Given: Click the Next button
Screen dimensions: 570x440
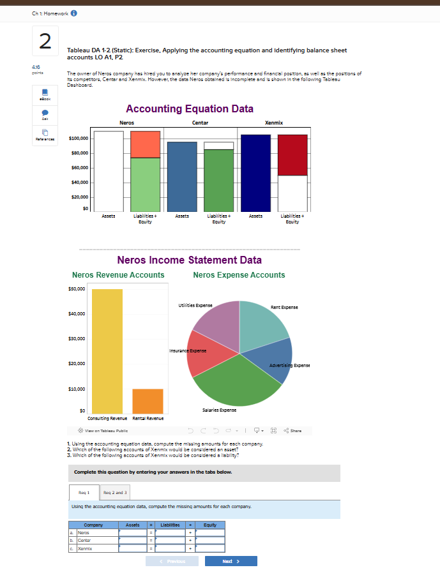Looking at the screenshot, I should (231, 561).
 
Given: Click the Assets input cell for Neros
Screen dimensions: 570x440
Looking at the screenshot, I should (133, 532).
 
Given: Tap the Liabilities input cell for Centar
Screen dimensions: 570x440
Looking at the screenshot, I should (171, 540).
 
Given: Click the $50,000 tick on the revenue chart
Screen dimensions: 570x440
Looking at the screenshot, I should (76, 289).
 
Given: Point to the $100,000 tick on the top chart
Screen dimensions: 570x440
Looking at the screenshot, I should (82, 138).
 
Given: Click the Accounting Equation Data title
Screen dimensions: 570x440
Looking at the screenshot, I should (190, 109).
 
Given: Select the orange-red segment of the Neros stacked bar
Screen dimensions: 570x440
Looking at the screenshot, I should (146, 144).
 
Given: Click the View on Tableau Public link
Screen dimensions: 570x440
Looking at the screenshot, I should (102, 430).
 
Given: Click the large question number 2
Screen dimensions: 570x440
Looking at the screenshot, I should (45, 41).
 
